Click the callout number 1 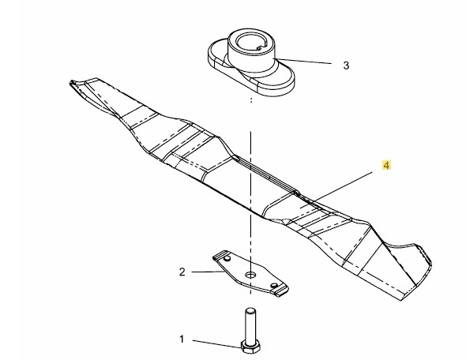pos(182,339)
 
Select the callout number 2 pos(182,272)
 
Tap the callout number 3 pos(346,66)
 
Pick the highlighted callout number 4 pos(386,165)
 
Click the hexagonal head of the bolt pos(251,347)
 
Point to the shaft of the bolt pos(250,324)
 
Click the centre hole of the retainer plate pos(251,275)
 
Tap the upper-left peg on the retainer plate pos(227,259)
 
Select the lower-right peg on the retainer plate pos(274,286)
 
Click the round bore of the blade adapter pos(251,43)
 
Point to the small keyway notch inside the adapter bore pos(259,47)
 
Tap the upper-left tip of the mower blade pos(71,83)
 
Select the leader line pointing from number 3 pos(304,61)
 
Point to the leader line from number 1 pos(217,343)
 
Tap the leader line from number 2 pos(206,272)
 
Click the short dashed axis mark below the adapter pos(251,99)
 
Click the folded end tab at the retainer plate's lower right pos(281,291)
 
